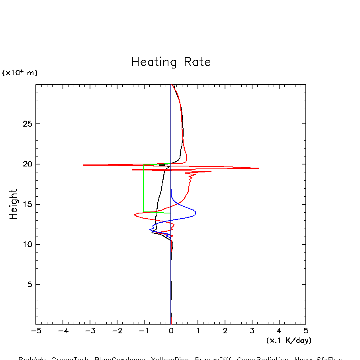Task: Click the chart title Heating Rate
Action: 171,62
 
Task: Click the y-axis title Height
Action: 14,204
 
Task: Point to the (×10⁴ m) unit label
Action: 20,73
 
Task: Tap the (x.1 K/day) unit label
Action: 289,340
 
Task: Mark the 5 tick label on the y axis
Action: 28,285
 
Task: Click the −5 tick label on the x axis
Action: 36,331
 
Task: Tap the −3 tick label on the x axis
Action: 90,331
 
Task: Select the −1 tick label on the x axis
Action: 144,331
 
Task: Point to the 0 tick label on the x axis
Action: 171,331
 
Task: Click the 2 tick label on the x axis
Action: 225,331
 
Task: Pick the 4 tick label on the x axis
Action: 279,331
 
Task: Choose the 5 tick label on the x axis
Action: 306,331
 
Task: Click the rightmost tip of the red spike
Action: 259,168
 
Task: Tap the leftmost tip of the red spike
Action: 83,165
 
